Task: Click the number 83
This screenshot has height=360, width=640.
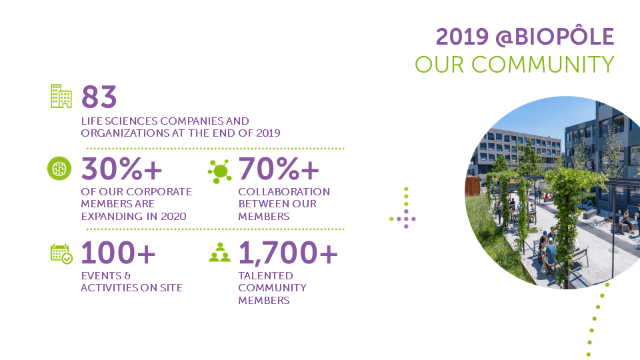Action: tap(99, 97)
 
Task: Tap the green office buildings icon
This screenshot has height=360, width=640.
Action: tap(61, 96)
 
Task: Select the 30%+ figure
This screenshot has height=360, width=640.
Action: tap(121, 169)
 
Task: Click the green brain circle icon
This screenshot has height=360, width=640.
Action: tap(59, 168)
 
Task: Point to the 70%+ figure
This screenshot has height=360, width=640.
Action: tap(279, 169)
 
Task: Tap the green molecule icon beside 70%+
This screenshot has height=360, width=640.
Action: tap(219, 171)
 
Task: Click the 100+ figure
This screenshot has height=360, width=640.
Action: tap(118, 253)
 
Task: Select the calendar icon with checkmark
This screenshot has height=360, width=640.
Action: tap(61, 254)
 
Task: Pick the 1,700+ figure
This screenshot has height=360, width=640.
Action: tap(288, 253)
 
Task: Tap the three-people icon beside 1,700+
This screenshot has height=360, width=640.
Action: tap(219, 253)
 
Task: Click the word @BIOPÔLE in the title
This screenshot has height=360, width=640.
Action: tap(555, 37)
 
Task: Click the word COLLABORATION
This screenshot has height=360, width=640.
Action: tap(284, 192)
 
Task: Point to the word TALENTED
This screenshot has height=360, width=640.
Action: tap(266, 276)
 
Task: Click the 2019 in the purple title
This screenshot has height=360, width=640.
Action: tap(462, 37)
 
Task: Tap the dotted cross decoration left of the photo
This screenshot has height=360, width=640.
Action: tap(403, 208)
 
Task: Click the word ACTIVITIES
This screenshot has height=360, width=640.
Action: tap(109, 288)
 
